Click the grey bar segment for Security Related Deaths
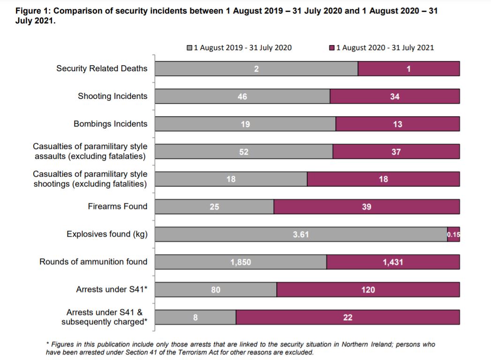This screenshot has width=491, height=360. [x=256, y=68]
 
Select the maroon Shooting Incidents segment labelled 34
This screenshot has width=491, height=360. [x=394, y=97]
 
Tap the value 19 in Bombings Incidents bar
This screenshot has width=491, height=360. [x=245, y=124]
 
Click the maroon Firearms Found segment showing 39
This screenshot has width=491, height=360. [x=366, y=207]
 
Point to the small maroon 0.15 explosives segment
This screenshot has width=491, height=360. [x=453, y=234]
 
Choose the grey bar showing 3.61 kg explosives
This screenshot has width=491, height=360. [x=301, y=234]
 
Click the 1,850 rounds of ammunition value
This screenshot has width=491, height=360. [x=241, y=262]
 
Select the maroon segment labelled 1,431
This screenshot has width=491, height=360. [x=393, y=262]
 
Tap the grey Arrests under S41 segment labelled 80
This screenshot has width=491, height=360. [x=216, y=290]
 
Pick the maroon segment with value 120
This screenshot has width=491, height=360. [x=368, y=290]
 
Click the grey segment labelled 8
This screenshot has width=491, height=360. [x=195, y=317]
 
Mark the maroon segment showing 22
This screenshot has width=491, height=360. [x=347, y=317]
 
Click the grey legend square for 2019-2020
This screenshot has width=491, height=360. [x=189, y=47]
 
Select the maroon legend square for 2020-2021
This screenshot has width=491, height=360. [x=332, y=47]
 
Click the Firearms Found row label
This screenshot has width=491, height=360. [x=117, y=206]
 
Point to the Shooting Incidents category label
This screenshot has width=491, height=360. [x=113, y=96]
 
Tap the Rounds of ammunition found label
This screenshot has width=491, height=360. [x=93, y=262]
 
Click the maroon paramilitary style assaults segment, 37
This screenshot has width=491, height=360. [x=396, y=152]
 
